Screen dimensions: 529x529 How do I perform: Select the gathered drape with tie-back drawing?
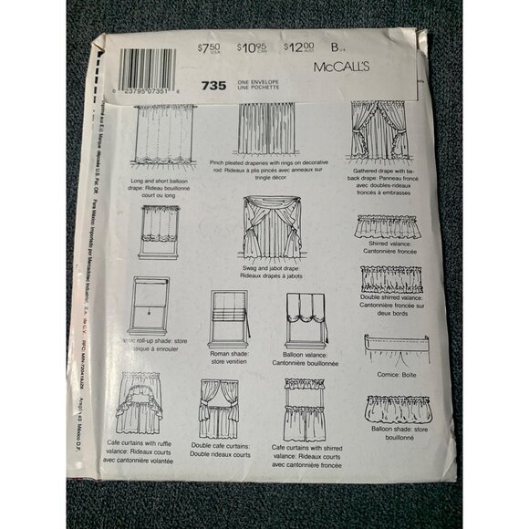[375, 136]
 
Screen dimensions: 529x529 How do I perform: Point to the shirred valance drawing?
[388, 226]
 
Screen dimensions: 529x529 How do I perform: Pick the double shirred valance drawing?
[391, 278]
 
